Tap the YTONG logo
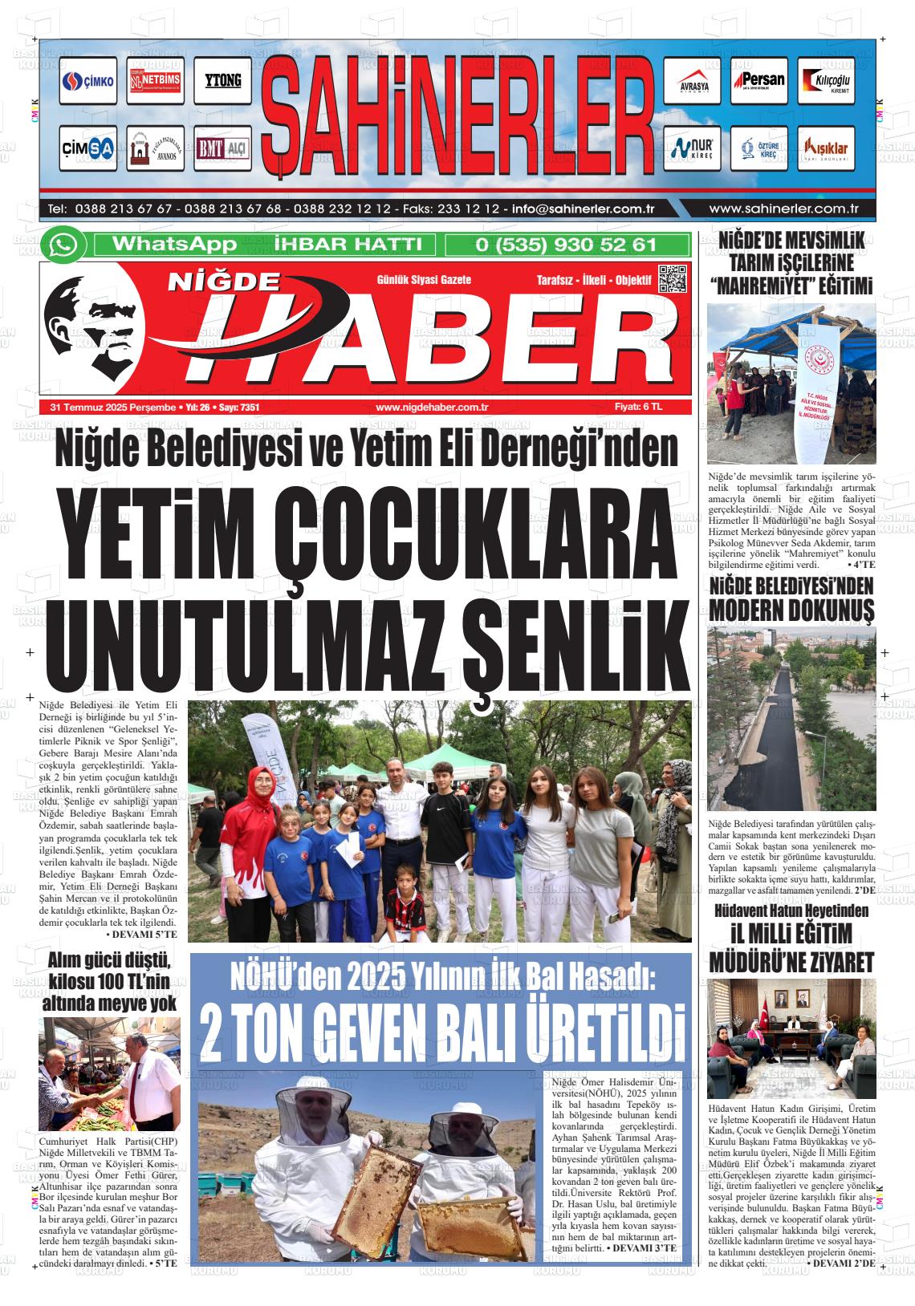222,80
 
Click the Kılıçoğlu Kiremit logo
825,81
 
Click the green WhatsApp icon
63,245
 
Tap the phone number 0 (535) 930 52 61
567,245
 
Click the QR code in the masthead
672,278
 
